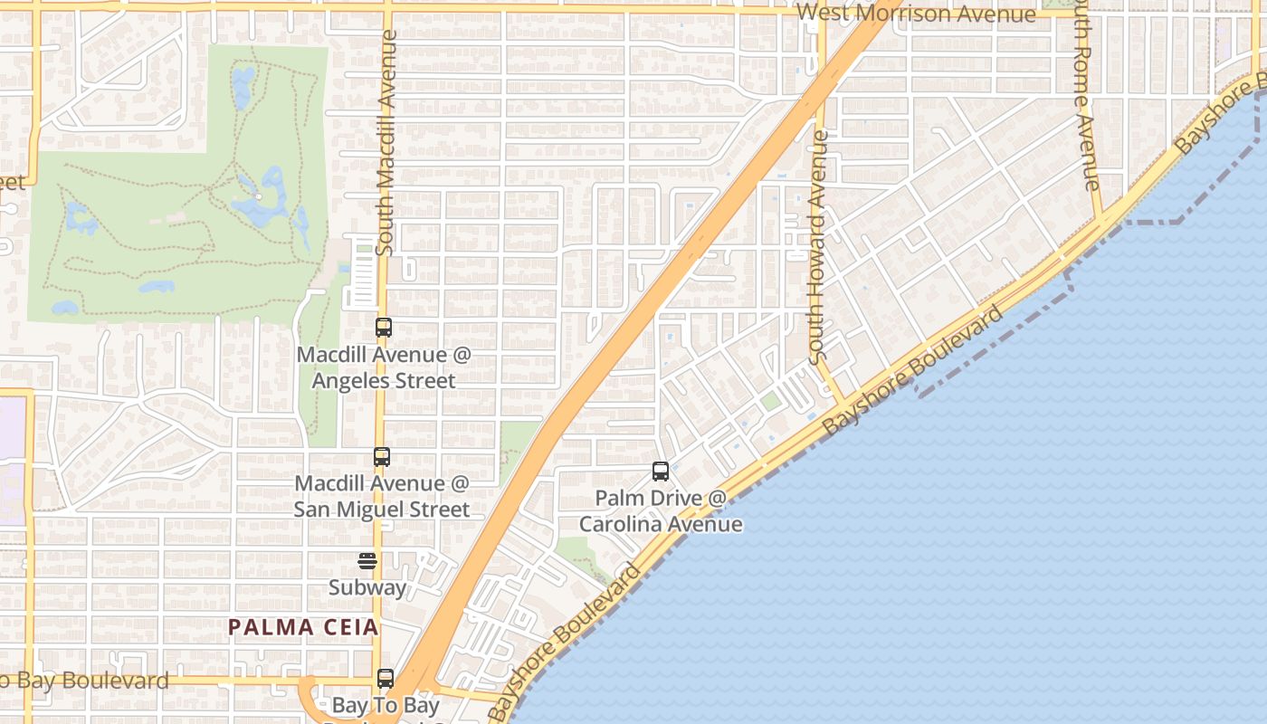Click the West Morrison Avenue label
click(916, 14)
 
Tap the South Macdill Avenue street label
click(387, 142)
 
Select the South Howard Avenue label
click(818, 247)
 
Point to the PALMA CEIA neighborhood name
click(303, 627)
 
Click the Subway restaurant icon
click(367, 561)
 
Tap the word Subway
click(367, 587)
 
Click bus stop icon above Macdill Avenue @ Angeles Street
click(384, 328)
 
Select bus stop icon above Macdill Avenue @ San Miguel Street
click(382, 457)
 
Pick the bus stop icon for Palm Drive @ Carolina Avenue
click(661, 472)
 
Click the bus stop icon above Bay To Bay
click(386, 678)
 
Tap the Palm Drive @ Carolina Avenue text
click(661, 511)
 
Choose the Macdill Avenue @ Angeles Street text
click(384, 367)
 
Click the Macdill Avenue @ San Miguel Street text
click(382, 497)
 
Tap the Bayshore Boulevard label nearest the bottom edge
click(566, 642)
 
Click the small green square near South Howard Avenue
click(770, 401)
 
